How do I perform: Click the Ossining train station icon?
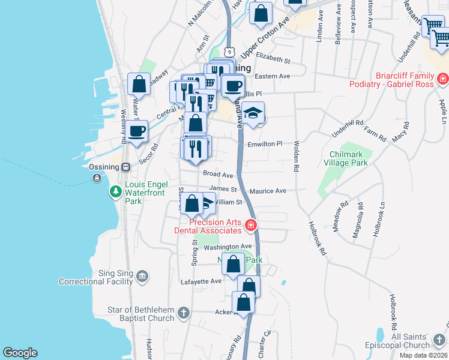point(126,167)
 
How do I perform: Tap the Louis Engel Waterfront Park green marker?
point(115,192)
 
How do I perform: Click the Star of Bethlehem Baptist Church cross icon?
point(184,313)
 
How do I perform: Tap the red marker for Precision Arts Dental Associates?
point(250,226)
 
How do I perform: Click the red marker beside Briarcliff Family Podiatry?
point(442,79)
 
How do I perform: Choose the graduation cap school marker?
point(254,113)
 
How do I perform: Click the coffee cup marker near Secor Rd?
point(137,130)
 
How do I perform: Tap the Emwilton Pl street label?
point(265,144)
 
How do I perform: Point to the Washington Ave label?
point(228,247)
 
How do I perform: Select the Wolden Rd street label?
point(296,156)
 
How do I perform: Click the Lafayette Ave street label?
point(201,281)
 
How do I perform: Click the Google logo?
point(20,353)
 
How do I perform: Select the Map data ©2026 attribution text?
point(424,355)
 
